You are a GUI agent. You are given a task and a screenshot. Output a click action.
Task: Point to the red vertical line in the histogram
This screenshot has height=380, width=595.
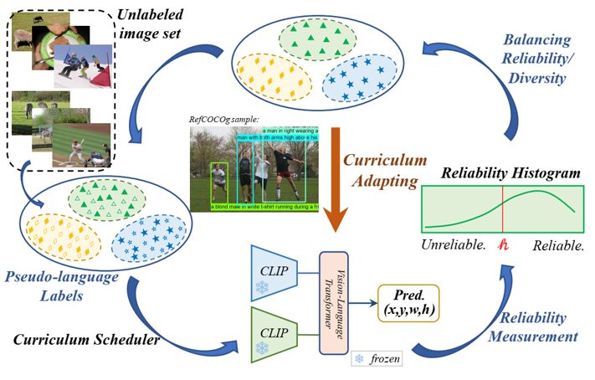coord(502,210)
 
